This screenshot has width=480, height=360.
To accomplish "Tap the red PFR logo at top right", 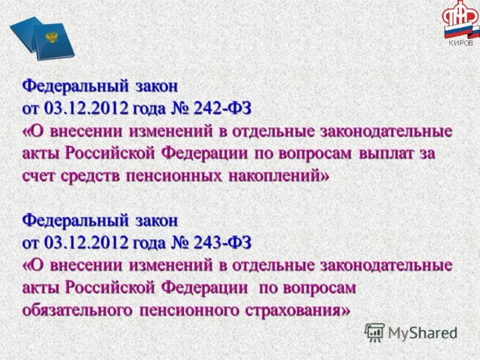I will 460,22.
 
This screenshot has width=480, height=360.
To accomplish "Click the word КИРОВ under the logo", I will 460,44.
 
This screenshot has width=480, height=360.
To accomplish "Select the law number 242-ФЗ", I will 221,109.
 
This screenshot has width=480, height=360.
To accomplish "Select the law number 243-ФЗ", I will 222,242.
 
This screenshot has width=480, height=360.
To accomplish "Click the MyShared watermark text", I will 423,332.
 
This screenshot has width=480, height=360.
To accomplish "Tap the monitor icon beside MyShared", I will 375,331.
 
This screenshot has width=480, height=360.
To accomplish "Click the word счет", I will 41,176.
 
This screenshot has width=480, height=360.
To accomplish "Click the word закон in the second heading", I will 155,220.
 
